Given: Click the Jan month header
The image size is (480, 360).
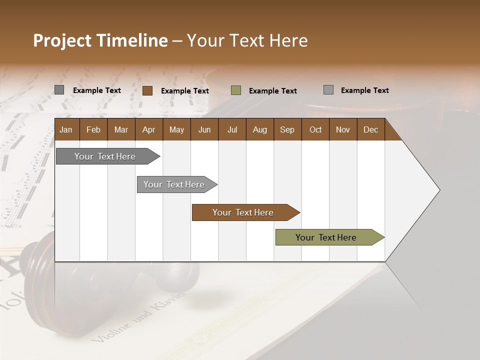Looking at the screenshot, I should (x=66, y=129).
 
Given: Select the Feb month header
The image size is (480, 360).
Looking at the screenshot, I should (x=93, y=129).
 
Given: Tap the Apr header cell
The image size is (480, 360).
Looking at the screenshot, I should (x=148, y=129).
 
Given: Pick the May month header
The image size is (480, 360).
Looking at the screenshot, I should (x=176, y=129).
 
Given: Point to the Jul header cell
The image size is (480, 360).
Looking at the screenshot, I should (x=232, y=129).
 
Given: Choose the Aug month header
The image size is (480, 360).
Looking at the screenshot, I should (x=259, y=129).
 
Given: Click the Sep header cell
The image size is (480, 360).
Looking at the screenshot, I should (x=287, y=129).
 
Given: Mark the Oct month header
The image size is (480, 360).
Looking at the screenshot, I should (x=315, y=129).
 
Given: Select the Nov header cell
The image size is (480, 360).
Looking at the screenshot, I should (x=343, y=129).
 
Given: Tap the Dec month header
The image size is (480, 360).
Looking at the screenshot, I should (x=370, y=129).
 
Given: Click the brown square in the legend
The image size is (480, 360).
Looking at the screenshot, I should (x=147, y=90).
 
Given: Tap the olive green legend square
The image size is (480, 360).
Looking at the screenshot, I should (x=236, y=90).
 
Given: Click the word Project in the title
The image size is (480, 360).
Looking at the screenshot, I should (x=61, y=41).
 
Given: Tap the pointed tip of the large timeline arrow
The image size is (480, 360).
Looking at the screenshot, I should (x=438, y=190).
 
